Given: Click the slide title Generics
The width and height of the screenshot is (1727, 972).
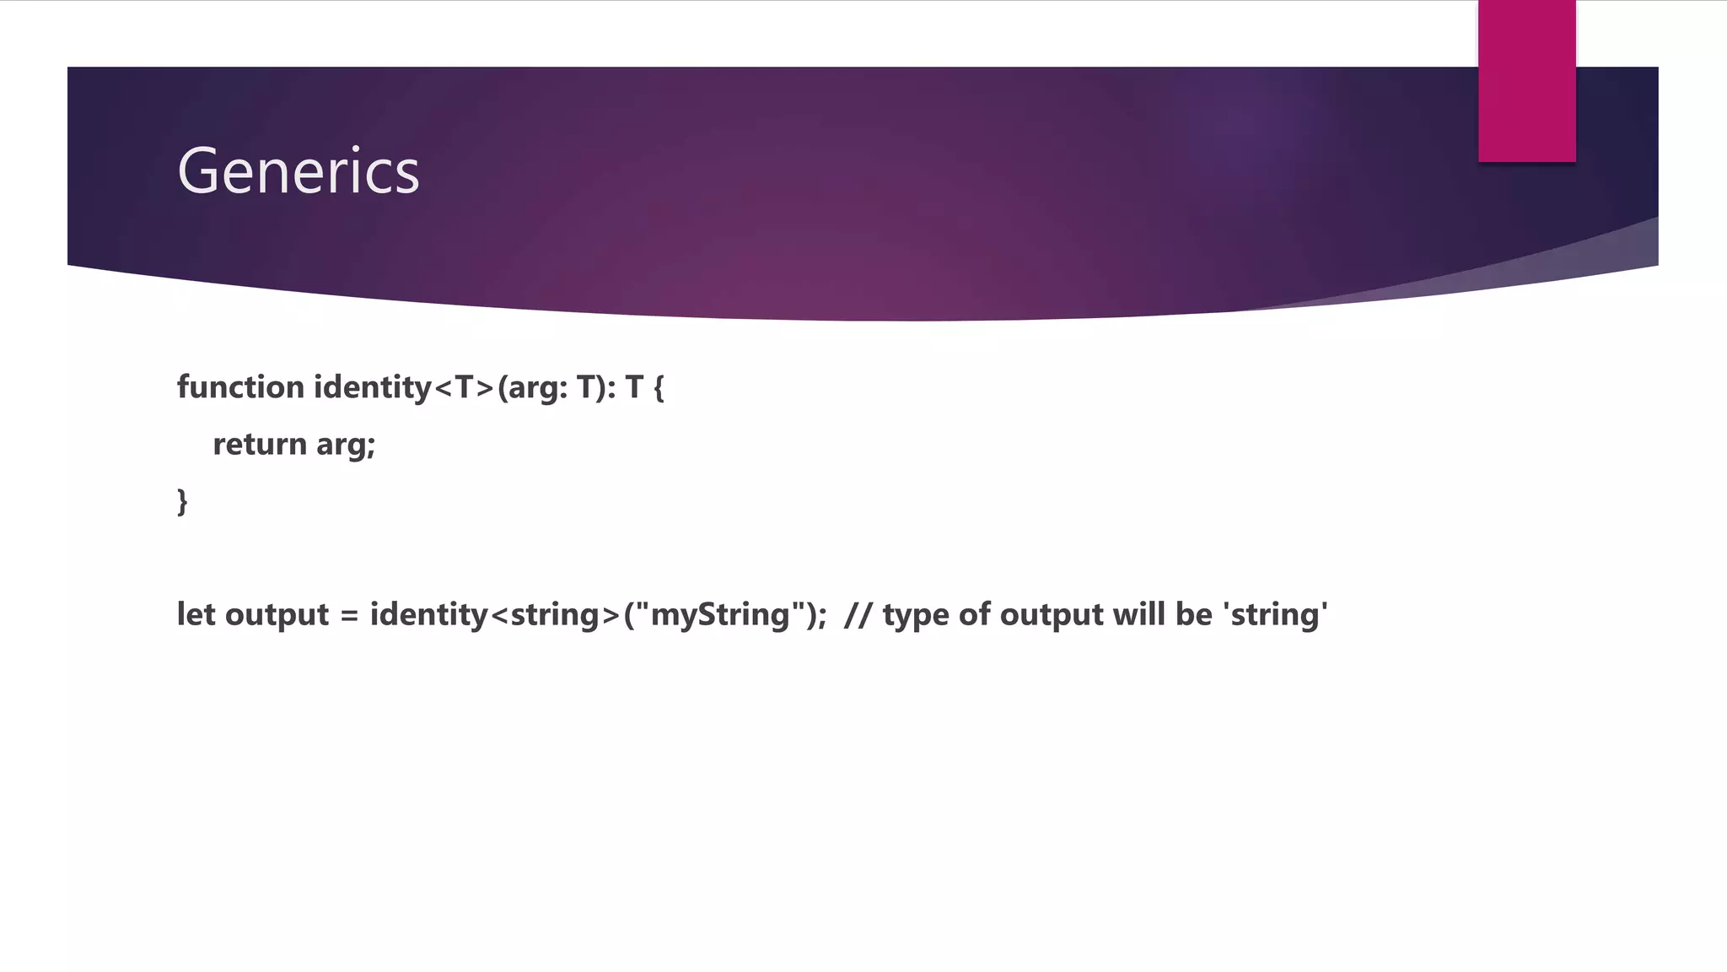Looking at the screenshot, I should pyautogui.click(x=298, y=171).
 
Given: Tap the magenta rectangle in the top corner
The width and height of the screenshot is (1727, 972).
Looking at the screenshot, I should pyautogui.click(x=1526, y=81).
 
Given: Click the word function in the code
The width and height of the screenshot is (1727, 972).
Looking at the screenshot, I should pyautogui.click(x=240, y=387).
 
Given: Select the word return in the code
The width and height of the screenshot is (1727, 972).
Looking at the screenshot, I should pyautogui.click(x=260, y=444).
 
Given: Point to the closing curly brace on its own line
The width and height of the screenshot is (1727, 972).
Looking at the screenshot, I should pyautogui.click(x=182, y=501).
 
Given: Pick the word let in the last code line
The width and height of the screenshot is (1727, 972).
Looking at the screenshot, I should pyautogui.click(x=196, y=614).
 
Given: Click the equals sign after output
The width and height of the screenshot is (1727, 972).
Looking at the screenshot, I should pyautogui.click(x=349, y=616).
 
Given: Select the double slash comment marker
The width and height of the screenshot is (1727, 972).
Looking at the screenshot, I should pyautogui.click(x=858, y=614).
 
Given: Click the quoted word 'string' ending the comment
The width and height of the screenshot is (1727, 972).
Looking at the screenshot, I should pyautogui.click(x=1275, y=614).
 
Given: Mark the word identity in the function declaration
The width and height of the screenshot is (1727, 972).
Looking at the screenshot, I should pyautogui.click(x=372, y=387).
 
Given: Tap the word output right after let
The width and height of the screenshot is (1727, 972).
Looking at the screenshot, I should pyautogui.click(x=277, y=615).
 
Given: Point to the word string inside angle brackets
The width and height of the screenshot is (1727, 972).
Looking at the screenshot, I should pyautogui.click(x=555, y=615).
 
